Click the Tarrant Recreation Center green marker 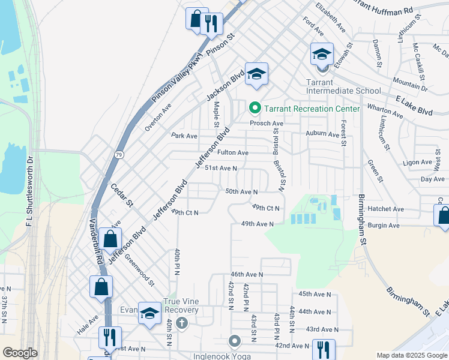coord(255,109)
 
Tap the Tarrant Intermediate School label coord(343,86)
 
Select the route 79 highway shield coord(119,155)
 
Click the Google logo coord(20,353)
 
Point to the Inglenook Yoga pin coord(235,341)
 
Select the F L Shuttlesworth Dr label coord(29,191)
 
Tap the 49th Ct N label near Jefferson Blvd coord(184,212)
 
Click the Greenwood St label coord(139,271)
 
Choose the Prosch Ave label coord(267,123)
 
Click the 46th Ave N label coord(247,274)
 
